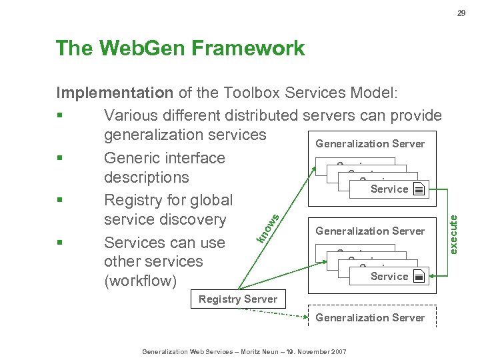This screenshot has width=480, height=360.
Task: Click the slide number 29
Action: [x=461, y=13]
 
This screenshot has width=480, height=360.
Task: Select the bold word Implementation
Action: [x=115, y=93]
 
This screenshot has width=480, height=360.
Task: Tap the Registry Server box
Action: [x=238, y=299]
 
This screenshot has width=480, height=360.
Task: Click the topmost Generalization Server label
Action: [x=370, y=143]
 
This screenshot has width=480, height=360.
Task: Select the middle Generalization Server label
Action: [x=370, y=231]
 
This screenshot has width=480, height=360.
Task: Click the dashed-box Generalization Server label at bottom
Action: [x=370, y=317]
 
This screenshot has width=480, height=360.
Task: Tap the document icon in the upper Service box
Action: [x=418, y=189]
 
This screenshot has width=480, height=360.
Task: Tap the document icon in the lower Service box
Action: [x=418, y=277]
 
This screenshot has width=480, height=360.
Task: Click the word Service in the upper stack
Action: [x=389, y=189]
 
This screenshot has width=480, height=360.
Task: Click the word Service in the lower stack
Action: [x=389, y=277]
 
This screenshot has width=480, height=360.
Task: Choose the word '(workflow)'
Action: [x=141, y=281]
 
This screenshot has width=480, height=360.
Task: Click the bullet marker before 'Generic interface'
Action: [x=61, y=159]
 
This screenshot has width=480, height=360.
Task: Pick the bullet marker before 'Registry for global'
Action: [x=61, y=201]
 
